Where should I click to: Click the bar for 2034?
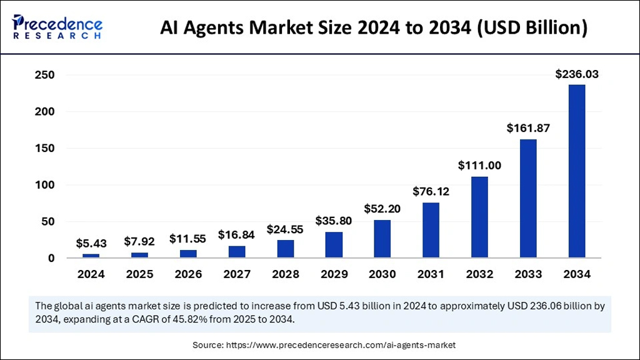(x=576, y=171)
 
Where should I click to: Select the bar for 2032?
(x=479, y=217)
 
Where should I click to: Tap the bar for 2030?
(x=382, y=239)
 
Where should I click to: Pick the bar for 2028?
(x=285, y=249)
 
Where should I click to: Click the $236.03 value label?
(x=577, y=74)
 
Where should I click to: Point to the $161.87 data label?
(x=528, y=129)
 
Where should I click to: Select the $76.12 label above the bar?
(x=431, y=191)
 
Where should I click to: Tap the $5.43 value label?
(x=91, y=244)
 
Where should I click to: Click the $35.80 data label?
(x=334, y=221)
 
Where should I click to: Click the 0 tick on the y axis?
(x=51, y=258)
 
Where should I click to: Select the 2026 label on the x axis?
(x=188, y=274)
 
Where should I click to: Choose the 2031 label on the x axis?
(x=431, y=274)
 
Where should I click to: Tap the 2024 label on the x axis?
(x=91, y=274)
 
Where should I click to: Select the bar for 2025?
(x=139, y=255)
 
